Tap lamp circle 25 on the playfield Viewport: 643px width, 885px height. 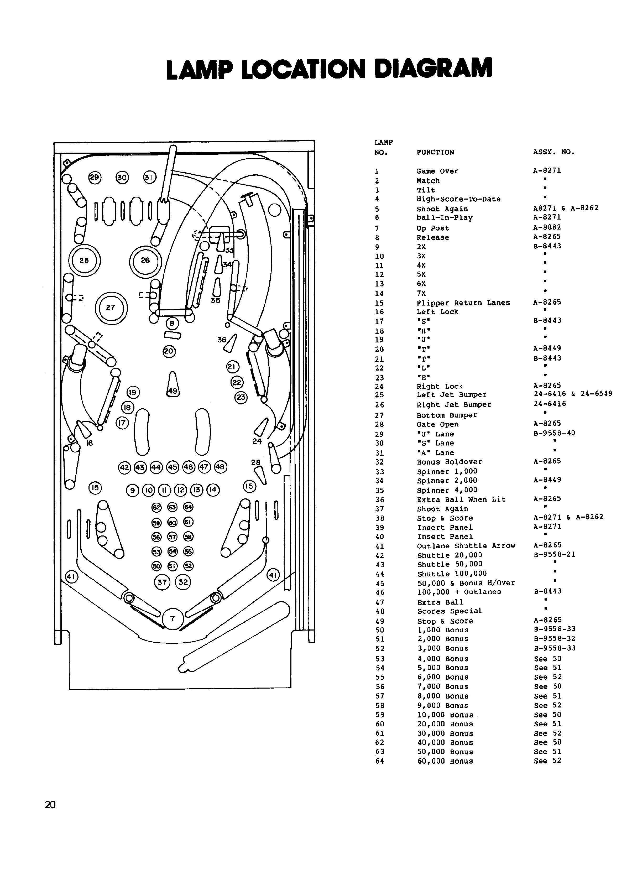pos(84,261)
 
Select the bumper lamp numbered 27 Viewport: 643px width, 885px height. pos(111,308)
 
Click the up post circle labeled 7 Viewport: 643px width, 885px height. pos(172,619)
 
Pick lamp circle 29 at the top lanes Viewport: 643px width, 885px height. pos(95,178)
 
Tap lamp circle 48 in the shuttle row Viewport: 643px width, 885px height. pos(221,467)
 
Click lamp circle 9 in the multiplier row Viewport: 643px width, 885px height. pos(133,490)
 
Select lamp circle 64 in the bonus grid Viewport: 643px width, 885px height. pos(189,507)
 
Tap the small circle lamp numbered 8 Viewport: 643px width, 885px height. pos(172,324)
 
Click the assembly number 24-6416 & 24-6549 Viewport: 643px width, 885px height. pos(573,394)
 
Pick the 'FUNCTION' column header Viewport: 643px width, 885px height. pos(435,152)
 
